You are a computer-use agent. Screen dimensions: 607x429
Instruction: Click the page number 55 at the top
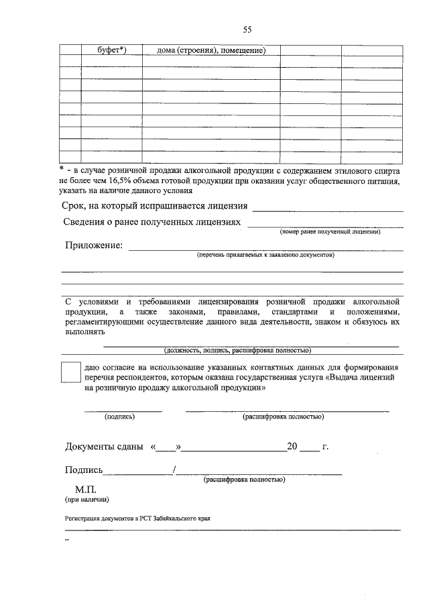[x=247, y=30]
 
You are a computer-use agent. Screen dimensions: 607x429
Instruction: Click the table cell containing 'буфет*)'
[x=112, y=50]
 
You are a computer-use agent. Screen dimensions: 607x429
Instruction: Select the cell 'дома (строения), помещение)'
[x=210, y=50]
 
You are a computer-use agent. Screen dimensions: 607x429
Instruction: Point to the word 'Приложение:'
[x=94, y=246]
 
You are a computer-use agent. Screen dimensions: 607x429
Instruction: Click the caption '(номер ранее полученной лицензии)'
[x=330, y=232]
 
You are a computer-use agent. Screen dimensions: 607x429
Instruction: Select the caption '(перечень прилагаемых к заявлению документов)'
[x=265, y=256]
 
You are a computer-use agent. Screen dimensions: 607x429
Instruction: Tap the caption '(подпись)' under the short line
[x=120, y=417]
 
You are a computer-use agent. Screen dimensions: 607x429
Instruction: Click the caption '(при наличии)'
[x=86, y=500]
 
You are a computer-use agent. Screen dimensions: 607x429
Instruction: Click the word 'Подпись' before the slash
[x=84, y=470]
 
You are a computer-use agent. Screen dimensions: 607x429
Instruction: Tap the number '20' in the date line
[x=292, y=447]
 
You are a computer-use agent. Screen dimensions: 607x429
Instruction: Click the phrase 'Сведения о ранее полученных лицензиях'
[x=151, y=222]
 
